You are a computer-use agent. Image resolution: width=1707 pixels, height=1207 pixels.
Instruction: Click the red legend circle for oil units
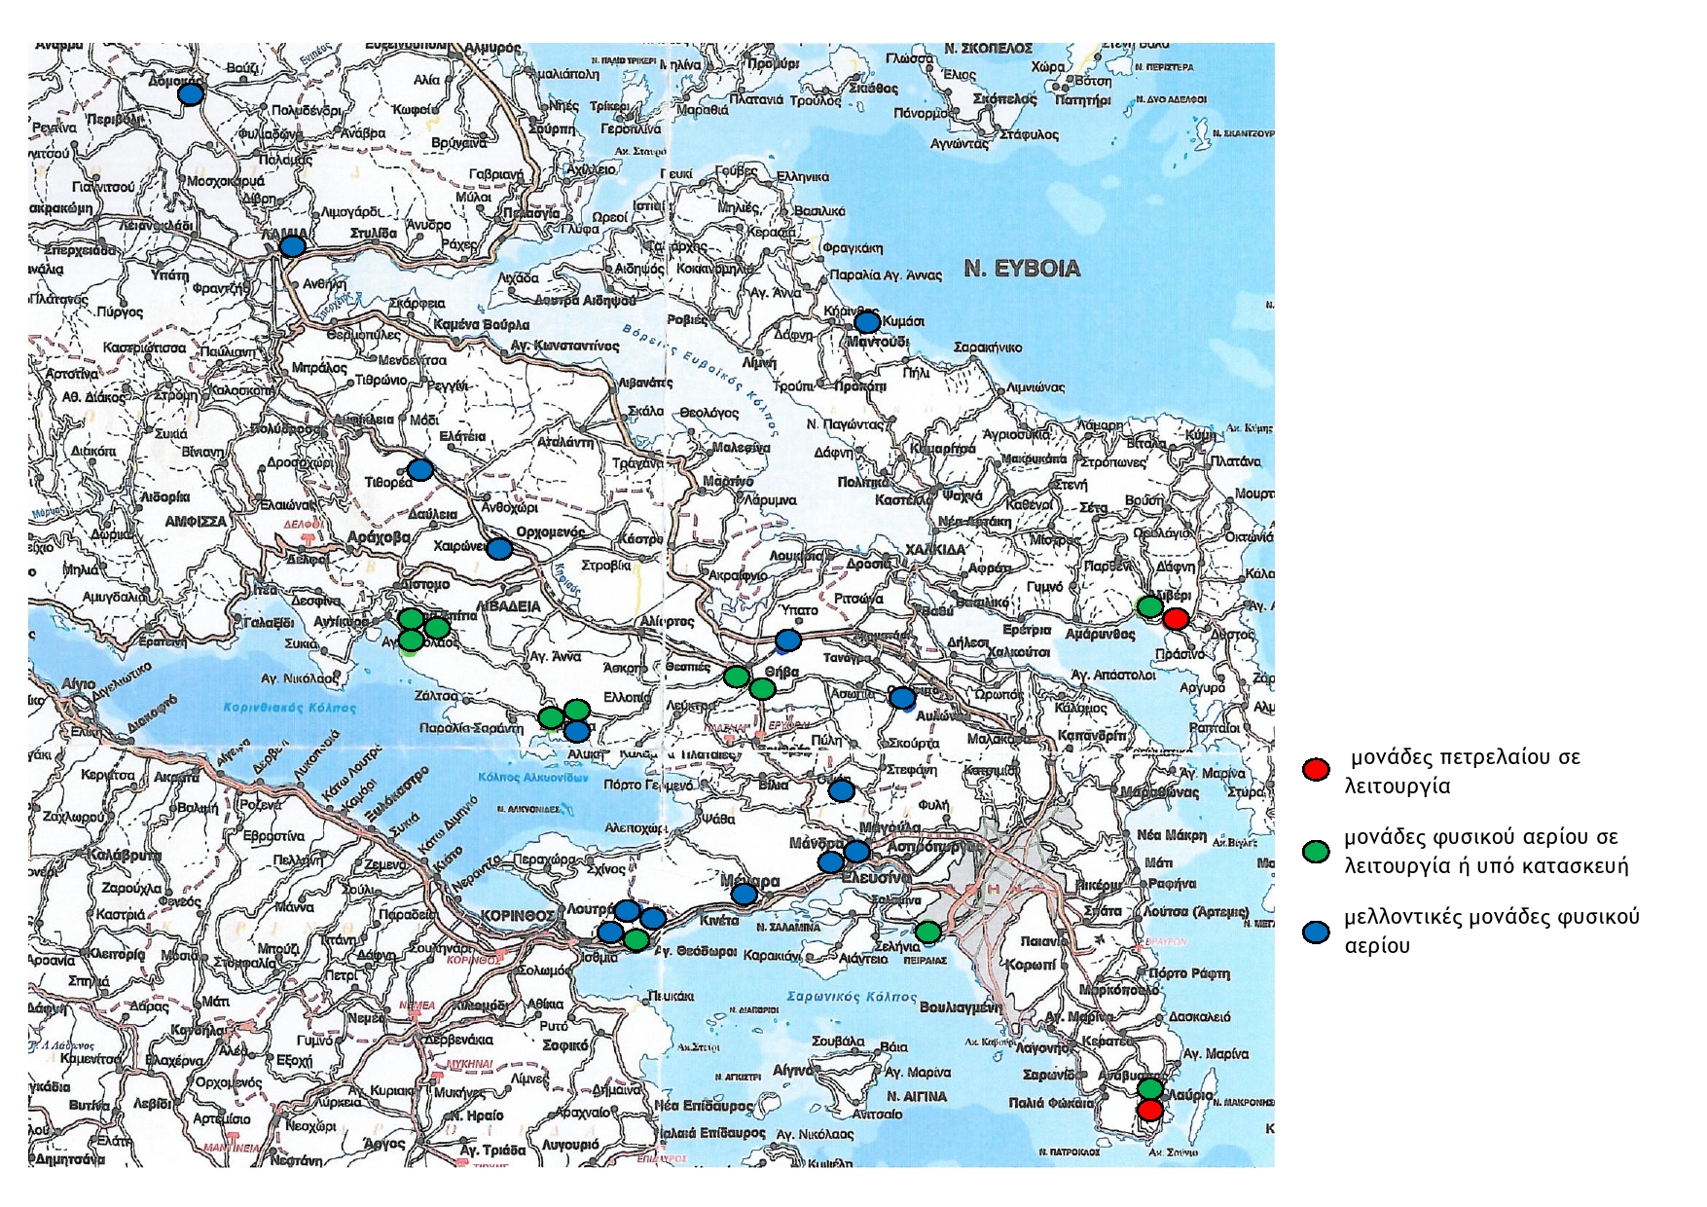pyautogui.click(x=1316, y=769)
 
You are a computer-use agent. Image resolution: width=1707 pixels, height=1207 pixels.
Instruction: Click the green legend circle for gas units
pyautogui.click(x=1316, y=851)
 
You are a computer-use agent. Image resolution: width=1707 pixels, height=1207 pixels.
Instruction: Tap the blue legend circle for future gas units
pyautogui.click(x=1316, y=932)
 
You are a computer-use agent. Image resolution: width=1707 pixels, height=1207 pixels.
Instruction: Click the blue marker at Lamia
pyautogui.click(x=292, y=245)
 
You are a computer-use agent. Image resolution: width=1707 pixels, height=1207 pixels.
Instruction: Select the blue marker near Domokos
pyautogui.click(x=190, y=94)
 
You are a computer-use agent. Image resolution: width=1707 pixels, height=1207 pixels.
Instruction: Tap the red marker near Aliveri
pyautogui.click(x=1176, y=618)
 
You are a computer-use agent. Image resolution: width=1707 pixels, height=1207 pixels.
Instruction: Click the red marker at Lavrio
pyautogui.click(x=1149, y=1110)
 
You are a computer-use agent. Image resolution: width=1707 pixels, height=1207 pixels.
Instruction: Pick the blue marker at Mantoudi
pyautogui.click(x=866, y=322)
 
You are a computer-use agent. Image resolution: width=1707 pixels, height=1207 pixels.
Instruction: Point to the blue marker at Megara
pyautogui.click(x=744, y=894)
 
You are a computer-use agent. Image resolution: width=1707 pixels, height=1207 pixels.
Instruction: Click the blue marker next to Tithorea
pyautogui.click(x=420, y=470)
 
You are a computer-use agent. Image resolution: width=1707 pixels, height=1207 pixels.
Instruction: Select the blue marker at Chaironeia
pyautogui.click(x=499, y=549)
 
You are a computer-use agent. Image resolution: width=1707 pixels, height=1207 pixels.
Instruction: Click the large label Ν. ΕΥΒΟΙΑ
pyautogui.click(x=1022, y=269)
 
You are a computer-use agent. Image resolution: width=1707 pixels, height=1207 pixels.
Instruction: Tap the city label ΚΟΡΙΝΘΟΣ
pyautogui.click(x=518, y=916)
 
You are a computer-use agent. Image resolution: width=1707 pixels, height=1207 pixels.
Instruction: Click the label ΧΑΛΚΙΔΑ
pyautogui.click(x=935, y=549)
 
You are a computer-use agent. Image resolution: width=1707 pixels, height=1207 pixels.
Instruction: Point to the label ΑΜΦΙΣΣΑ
pyautogui.click(x=195, y=522)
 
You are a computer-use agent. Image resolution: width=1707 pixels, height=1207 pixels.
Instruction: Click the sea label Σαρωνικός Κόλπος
pyautogui.click(x=852, y=997)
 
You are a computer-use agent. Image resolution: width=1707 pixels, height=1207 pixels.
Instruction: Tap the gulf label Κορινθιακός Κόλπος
pyautogui.click(x=275, y=708)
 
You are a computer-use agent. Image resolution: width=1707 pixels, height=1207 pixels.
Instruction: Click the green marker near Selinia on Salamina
pyautogui.click(x=928, y=932)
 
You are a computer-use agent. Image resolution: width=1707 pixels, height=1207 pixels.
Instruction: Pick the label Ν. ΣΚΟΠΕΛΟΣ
pyautogui.click(x=988, y=47)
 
